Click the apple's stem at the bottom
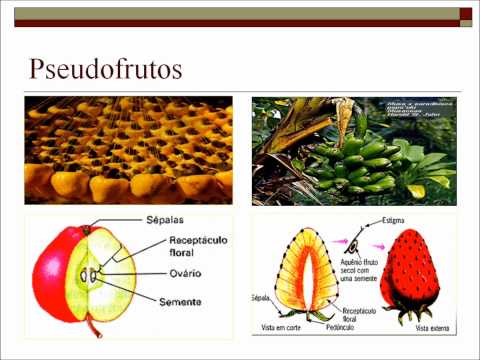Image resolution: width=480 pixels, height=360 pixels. [x=95, y=325]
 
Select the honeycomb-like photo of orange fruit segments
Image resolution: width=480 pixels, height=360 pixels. [x=127, y=151]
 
